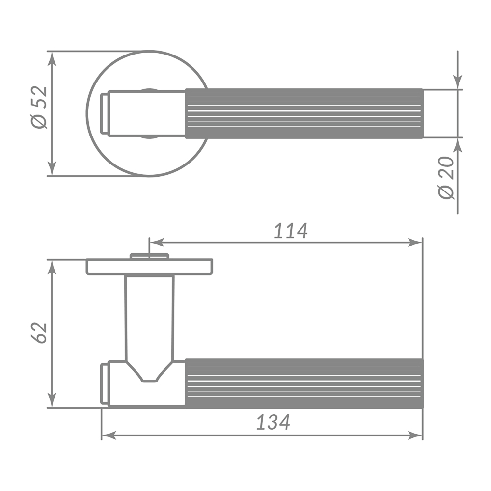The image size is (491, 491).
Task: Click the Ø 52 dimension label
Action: click(39, 108)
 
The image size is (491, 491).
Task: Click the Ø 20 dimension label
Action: click(447, 178)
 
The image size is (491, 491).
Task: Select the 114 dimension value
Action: click(291, 231)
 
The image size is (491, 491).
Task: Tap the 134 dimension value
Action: click(273, 422)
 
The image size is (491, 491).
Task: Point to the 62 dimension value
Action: click(39, 332)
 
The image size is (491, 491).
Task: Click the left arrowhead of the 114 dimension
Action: click(155, 242)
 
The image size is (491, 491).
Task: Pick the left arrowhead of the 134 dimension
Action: click(108, 435)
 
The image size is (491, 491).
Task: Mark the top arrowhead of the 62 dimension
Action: click(52, 266)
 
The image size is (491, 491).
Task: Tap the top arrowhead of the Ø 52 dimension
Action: click(52, 57)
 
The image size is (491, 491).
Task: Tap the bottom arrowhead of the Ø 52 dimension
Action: click(52, 169)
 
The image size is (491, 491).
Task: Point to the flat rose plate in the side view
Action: click(149, 267)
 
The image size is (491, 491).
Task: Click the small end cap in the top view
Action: click(104, 113)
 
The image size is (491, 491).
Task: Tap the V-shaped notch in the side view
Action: click(149, 373)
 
